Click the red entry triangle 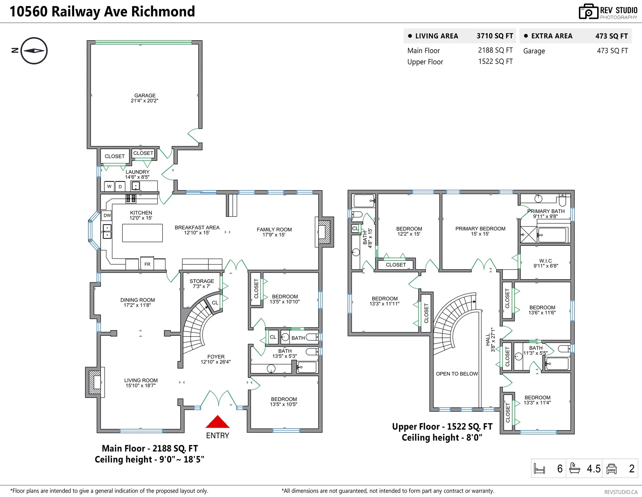(217, 422)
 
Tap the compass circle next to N (34, 51)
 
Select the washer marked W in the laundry (109, 187)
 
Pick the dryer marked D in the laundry (120, 187)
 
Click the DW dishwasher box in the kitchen (107, 215)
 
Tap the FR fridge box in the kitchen (147, 264)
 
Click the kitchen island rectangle (142, 233)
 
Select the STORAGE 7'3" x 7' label (202, 284)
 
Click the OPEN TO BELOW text (457, 374)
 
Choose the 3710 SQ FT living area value (495, 36)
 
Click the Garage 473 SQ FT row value (612, 51)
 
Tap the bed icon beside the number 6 (539, 469)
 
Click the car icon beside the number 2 (612, 469)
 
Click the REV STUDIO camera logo (588, 12)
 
